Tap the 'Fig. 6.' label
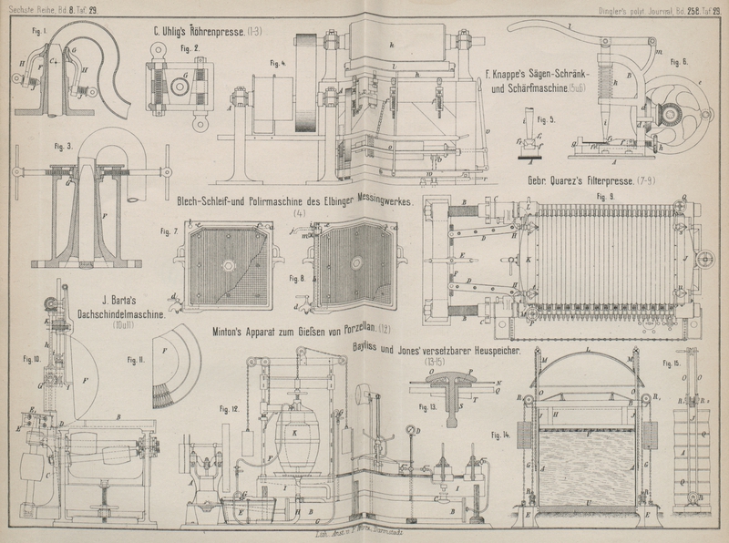(678, 62)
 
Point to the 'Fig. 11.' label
(136, 361)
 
